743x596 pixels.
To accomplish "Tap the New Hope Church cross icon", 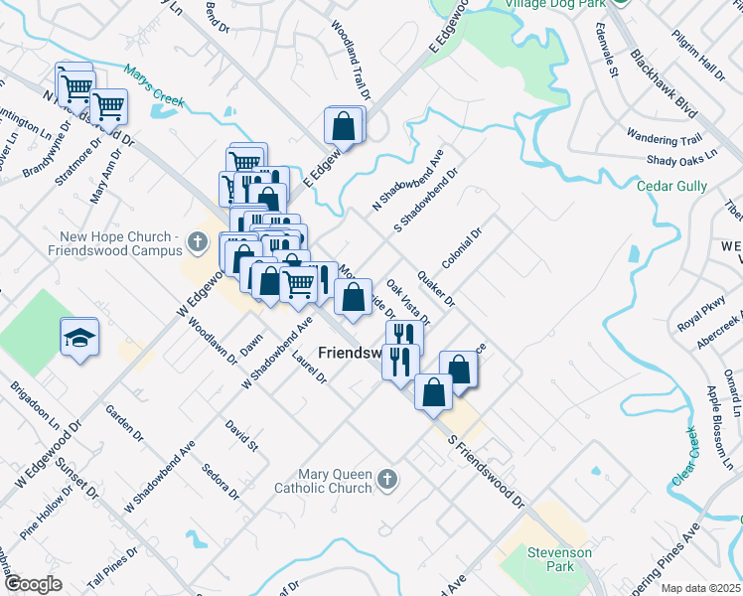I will pyautogui.click(x=198, y=241).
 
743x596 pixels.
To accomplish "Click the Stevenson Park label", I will pyautogui.click(x=559, y=559).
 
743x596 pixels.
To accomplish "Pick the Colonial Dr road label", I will pyautogui.click(x=462, y=247).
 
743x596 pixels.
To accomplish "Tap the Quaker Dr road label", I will pyautogui.click(x=436, y=287).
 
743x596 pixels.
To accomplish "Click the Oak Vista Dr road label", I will pyautogui.click(x=408, y=302).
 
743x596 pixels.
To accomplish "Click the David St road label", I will pyautogui.click(x=241, y=434).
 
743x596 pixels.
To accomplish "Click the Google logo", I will pyautogui.click(x=33, y=584).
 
